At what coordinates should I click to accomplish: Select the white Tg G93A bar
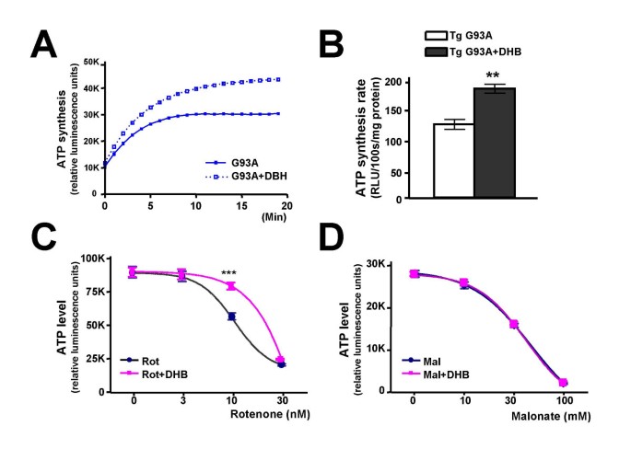454,160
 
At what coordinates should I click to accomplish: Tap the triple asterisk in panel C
230,274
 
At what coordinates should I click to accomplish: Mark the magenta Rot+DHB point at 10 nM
231,286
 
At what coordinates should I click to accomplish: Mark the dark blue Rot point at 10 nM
231,317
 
